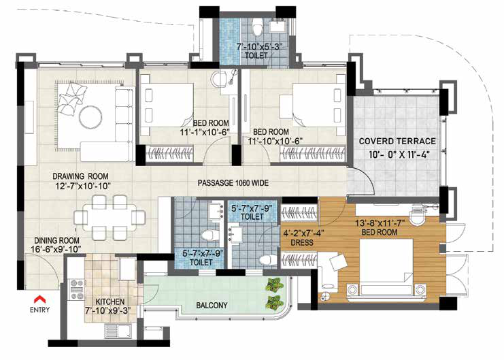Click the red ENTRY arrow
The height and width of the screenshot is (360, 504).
[40, 299]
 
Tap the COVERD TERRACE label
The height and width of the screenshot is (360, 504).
[397, 142]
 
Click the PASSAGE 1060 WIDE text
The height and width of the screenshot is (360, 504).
[233, 183]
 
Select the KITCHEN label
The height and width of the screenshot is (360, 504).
[110, 301]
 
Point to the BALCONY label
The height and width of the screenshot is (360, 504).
[212, 305]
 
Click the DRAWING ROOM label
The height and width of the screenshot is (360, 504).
[80, 176]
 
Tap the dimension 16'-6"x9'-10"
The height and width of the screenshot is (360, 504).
[56, 249]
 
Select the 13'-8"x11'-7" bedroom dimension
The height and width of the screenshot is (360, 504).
[380, 223]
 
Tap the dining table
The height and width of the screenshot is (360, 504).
[110, 218]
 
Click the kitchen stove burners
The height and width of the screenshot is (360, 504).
[77, 289]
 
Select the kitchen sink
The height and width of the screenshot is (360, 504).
[118, 331]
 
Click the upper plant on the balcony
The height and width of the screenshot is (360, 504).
[274, 284]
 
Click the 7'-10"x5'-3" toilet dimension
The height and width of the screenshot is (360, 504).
[259, 47]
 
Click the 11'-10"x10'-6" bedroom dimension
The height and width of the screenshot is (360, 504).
[275, 141]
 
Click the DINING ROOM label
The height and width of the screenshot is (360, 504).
[57, 240]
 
